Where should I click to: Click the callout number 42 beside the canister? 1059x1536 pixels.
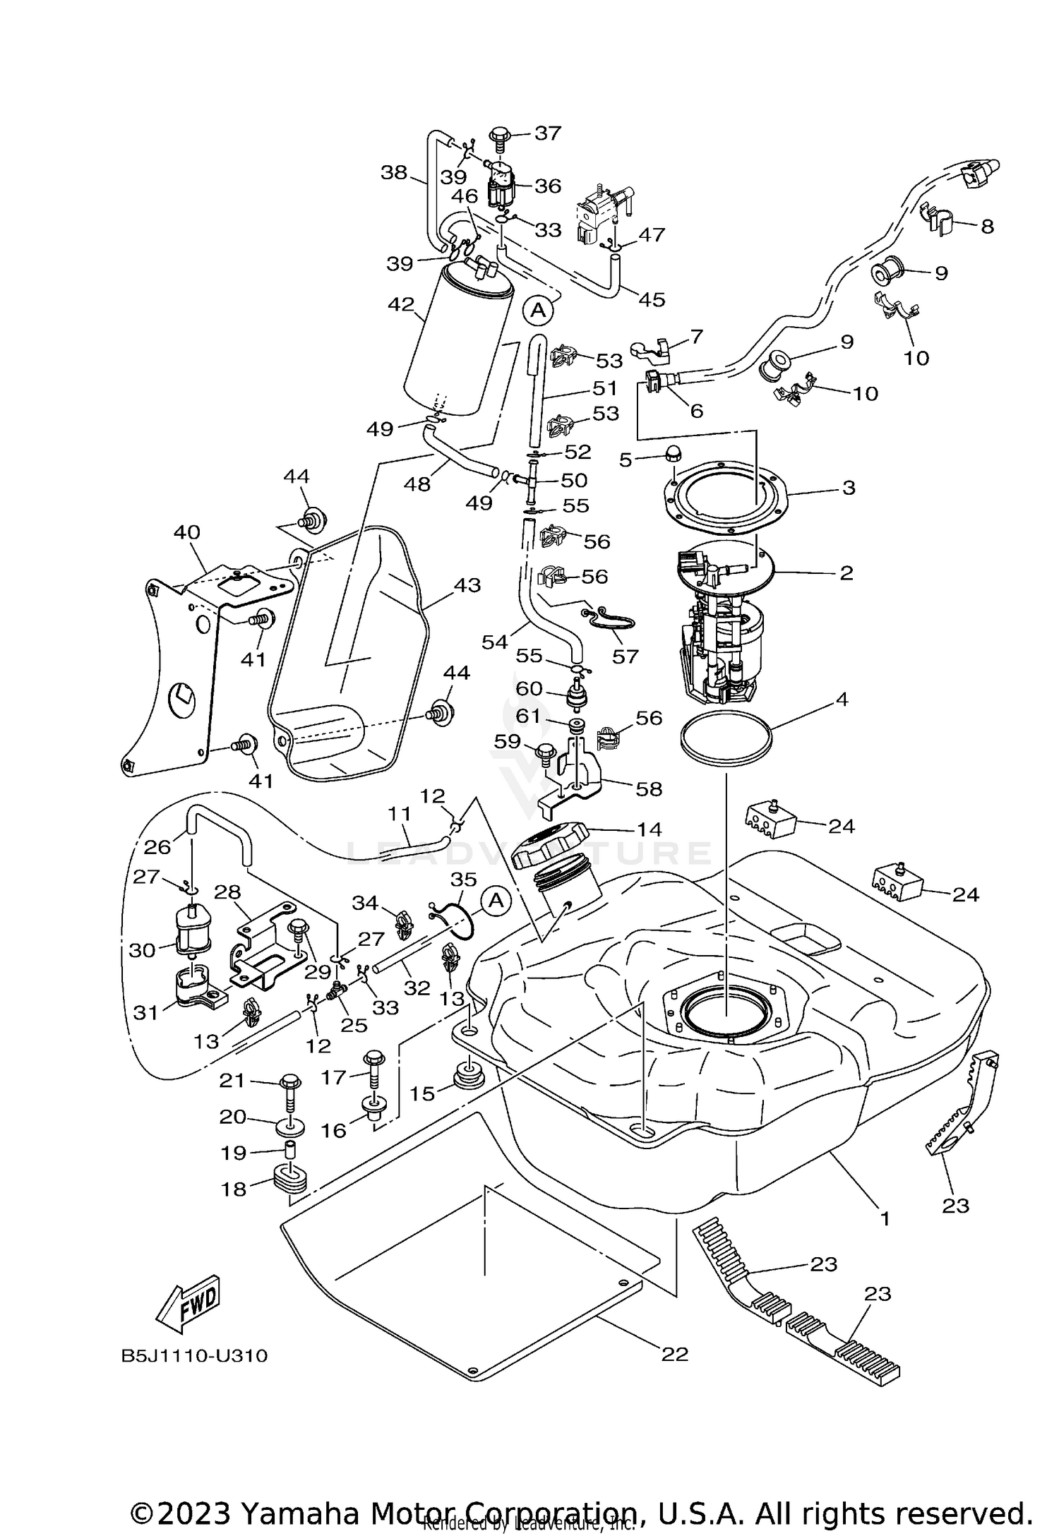[401, 305]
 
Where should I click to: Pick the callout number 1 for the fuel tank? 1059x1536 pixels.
[884, 1218]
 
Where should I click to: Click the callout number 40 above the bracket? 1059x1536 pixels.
[187, 532]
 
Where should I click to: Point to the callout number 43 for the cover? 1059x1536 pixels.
[467, 585]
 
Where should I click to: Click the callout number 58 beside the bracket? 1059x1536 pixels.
[650, 788]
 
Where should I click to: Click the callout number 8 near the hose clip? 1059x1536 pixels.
[987, 226]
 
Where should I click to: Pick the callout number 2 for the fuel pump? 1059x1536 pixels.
[846, 572]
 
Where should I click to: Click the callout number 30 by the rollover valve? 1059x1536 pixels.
[142, 950]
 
